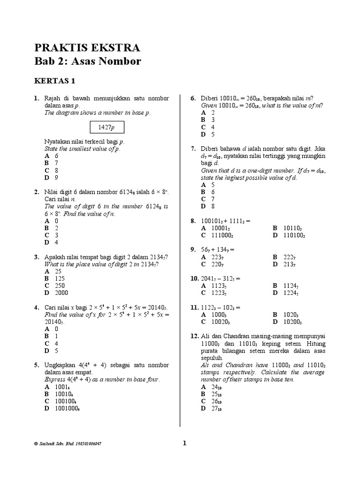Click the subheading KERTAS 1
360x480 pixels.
pyautogui.click(x=54, y=81)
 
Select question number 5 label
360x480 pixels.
pyautogui.click(x=36, y=365)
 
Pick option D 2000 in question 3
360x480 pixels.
pyautogui.click(x=56, y=292)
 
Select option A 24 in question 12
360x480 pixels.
pyautogui.click(x=210, y=387)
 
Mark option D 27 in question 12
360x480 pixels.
pyautogui.click(x=210, y=408)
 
